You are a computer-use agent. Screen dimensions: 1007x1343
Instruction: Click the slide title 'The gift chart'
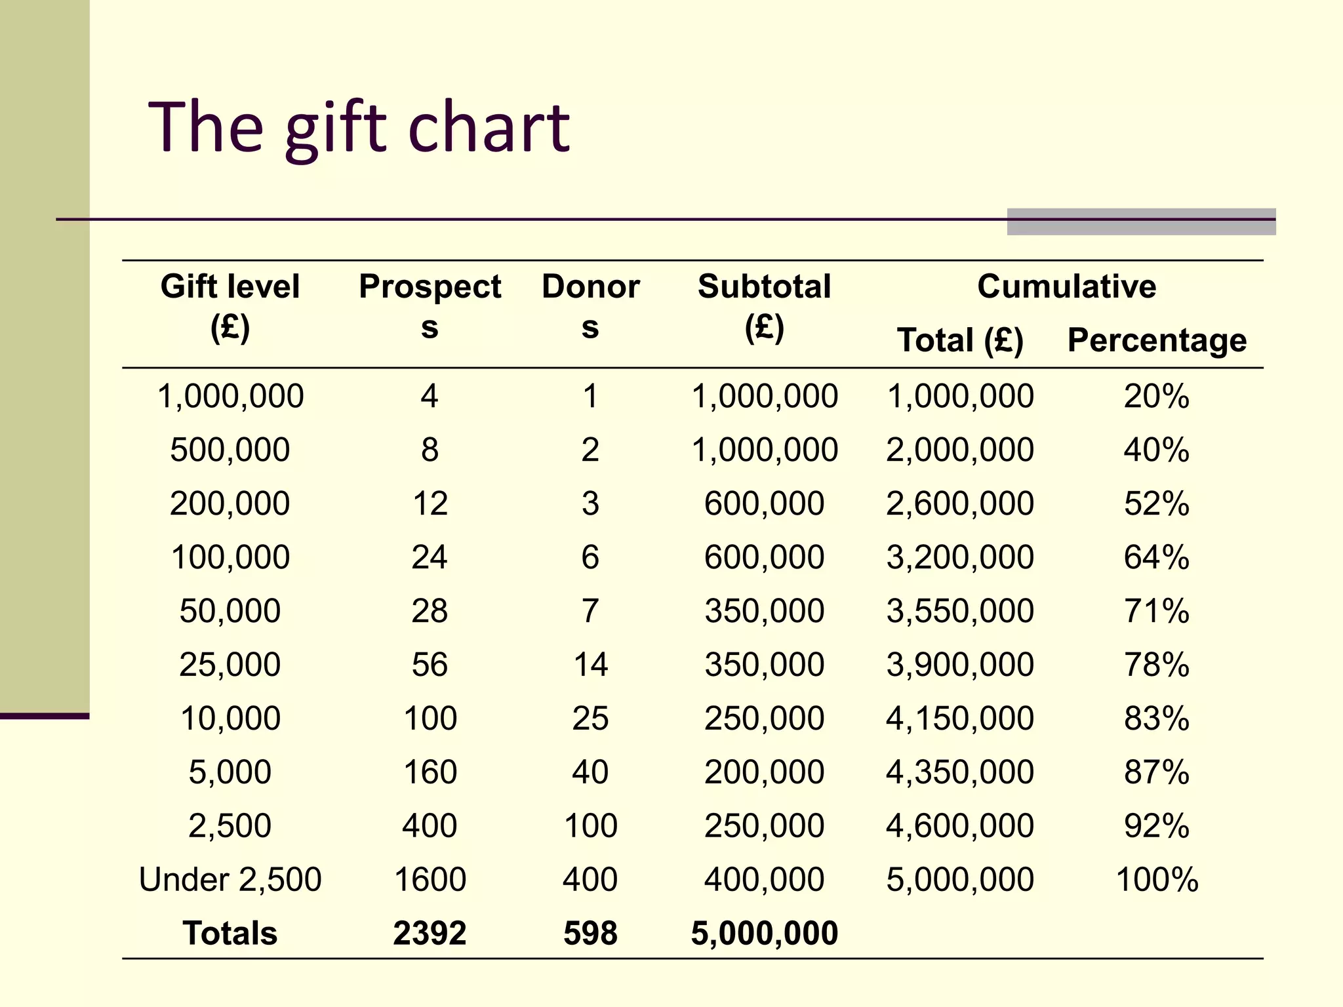359,128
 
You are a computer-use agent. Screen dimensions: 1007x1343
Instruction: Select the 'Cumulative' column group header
1066,286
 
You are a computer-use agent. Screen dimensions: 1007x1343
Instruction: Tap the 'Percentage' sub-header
1157,340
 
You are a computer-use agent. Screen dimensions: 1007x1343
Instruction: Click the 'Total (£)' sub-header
960,340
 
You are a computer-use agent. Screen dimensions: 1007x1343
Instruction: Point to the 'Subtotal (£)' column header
764,306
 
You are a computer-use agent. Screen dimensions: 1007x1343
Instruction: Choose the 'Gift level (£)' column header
230,306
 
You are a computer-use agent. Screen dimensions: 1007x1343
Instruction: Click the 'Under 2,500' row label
230,879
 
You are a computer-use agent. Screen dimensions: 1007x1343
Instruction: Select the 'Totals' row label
230,933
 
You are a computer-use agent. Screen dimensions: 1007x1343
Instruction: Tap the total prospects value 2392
430,933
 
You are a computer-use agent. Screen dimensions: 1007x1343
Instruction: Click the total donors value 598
590,933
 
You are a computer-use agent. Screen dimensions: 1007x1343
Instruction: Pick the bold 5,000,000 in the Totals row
764,933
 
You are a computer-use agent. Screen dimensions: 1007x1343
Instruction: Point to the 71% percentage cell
1156,611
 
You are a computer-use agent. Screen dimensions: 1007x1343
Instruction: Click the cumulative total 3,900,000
960,665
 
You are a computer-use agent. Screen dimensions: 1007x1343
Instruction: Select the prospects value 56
430,665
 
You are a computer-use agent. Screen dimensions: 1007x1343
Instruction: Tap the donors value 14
590,665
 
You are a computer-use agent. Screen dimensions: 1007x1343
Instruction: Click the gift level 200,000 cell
230,503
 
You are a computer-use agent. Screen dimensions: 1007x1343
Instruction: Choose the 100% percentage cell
1156,879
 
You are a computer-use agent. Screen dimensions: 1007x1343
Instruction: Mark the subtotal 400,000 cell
764,879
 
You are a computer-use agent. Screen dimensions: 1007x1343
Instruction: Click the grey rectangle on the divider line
1141,222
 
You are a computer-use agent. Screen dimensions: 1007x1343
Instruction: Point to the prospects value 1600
430,879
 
